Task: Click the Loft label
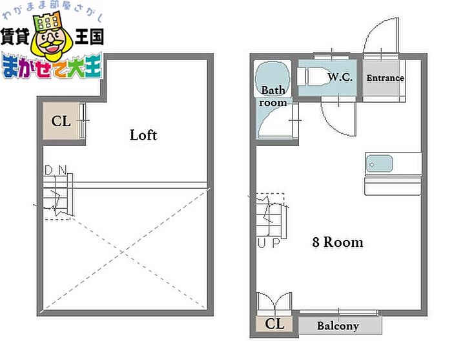tap(143, 135)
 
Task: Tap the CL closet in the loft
tap(61, 121)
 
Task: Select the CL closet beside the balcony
tap(274, 324)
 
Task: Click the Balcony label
tap(338, 326)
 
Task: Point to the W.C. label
tap(340, 77)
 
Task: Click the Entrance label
tap(385, 78)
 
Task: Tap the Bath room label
tap(273, 96)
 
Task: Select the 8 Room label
tap(337, 242)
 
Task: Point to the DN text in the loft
tap(56, 170)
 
